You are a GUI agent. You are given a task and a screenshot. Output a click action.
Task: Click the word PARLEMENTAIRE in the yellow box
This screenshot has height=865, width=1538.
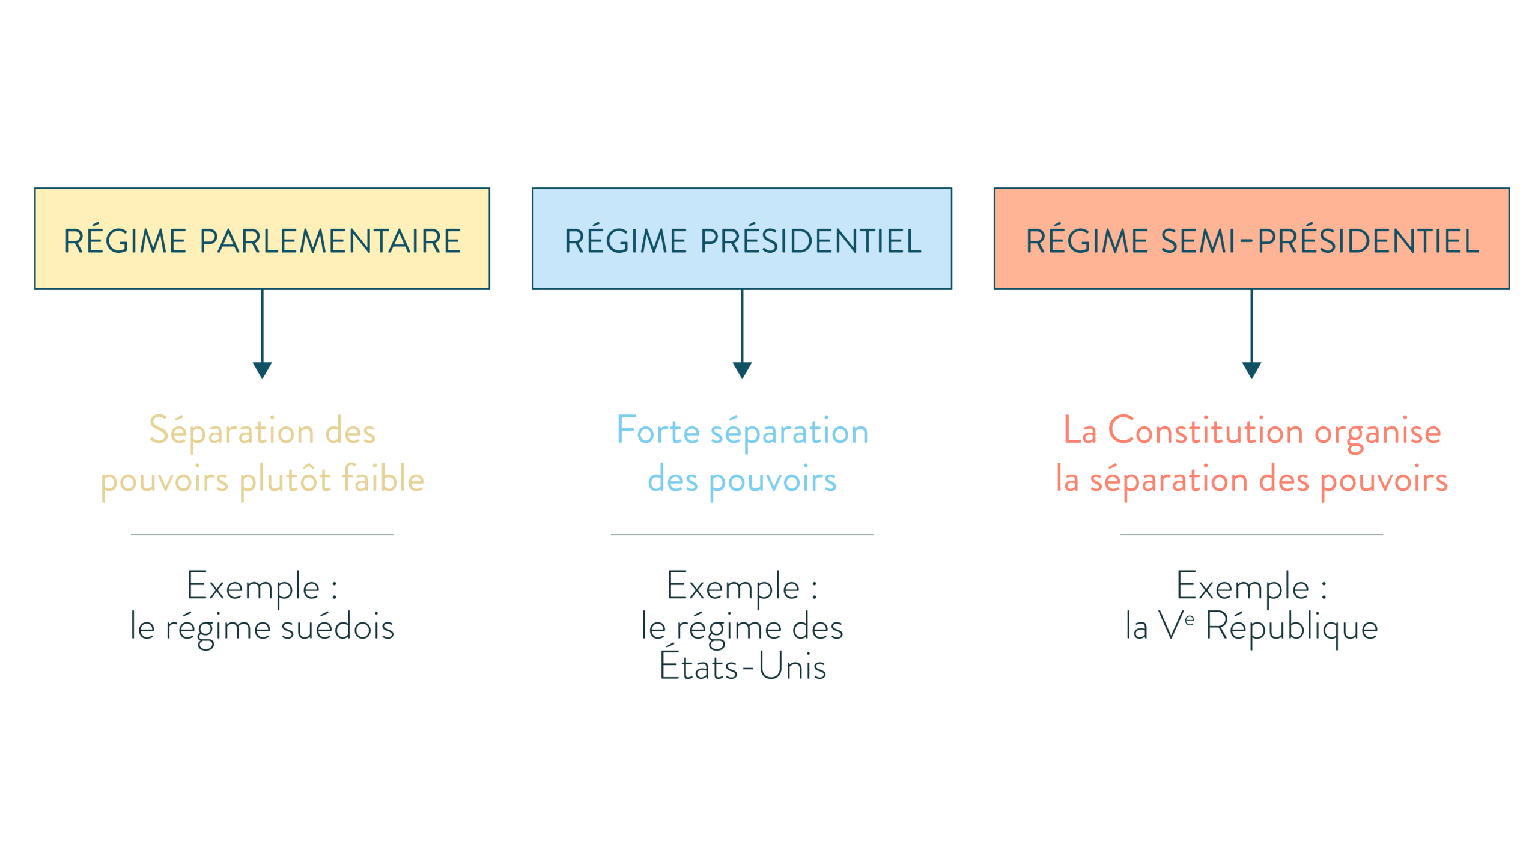(330, 241)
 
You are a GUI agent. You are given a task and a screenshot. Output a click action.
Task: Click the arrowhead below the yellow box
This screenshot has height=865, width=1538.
(262, 370)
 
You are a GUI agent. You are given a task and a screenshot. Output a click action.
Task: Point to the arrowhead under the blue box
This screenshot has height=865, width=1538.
(742, 370)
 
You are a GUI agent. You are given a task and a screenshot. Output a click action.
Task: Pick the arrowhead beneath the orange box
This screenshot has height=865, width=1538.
(1251, 370)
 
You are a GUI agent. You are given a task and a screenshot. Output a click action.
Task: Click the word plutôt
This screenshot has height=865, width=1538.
(285, 480)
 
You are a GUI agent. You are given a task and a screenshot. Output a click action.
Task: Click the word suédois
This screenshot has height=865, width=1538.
(337, 627)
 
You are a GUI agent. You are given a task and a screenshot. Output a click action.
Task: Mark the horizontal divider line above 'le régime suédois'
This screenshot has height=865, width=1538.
(262, 534)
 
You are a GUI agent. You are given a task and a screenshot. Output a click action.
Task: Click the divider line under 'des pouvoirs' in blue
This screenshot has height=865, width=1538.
(742, 534)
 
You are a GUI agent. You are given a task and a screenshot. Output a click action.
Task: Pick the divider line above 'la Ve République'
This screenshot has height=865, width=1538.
(1251, 534)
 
